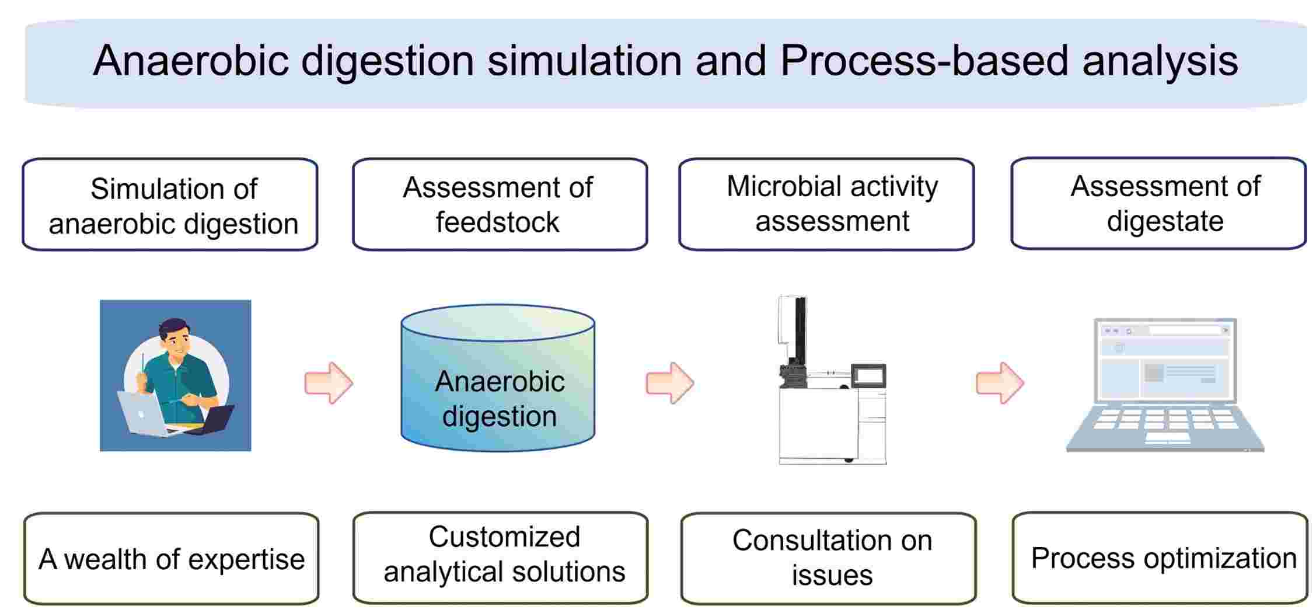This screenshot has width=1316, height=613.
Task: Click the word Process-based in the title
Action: pos(924,61)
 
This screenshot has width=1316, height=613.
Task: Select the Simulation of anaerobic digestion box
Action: pos(170,205)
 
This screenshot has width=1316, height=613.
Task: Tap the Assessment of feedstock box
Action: pos(500,205)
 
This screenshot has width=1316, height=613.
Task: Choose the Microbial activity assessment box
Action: pos(826,204)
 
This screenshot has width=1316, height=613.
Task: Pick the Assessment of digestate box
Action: pos(1158,204)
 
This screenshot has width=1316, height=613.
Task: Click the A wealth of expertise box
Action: pos(171,559)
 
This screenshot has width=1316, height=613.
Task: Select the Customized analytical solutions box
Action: pos(500,558)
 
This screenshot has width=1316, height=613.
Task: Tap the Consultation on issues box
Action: pos(828,558)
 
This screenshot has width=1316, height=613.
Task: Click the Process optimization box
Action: pos(1160,558)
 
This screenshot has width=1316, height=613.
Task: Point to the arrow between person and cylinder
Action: pos(329,383)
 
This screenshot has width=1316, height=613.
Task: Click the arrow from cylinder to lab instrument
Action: pos(670,383)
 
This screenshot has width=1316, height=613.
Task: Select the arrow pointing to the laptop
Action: pos(1000,383)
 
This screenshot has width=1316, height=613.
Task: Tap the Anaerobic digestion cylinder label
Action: pos(500,399)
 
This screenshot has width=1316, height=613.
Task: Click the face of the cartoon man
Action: pos(177,341)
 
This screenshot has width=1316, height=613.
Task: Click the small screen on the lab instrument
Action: pos(869,375)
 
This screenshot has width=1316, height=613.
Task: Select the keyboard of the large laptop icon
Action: pos(1165,424)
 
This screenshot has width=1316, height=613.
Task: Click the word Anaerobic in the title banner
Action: pos(190,61)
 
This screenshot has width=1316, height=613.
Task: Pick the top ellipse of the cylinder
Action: pos(498,322)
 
